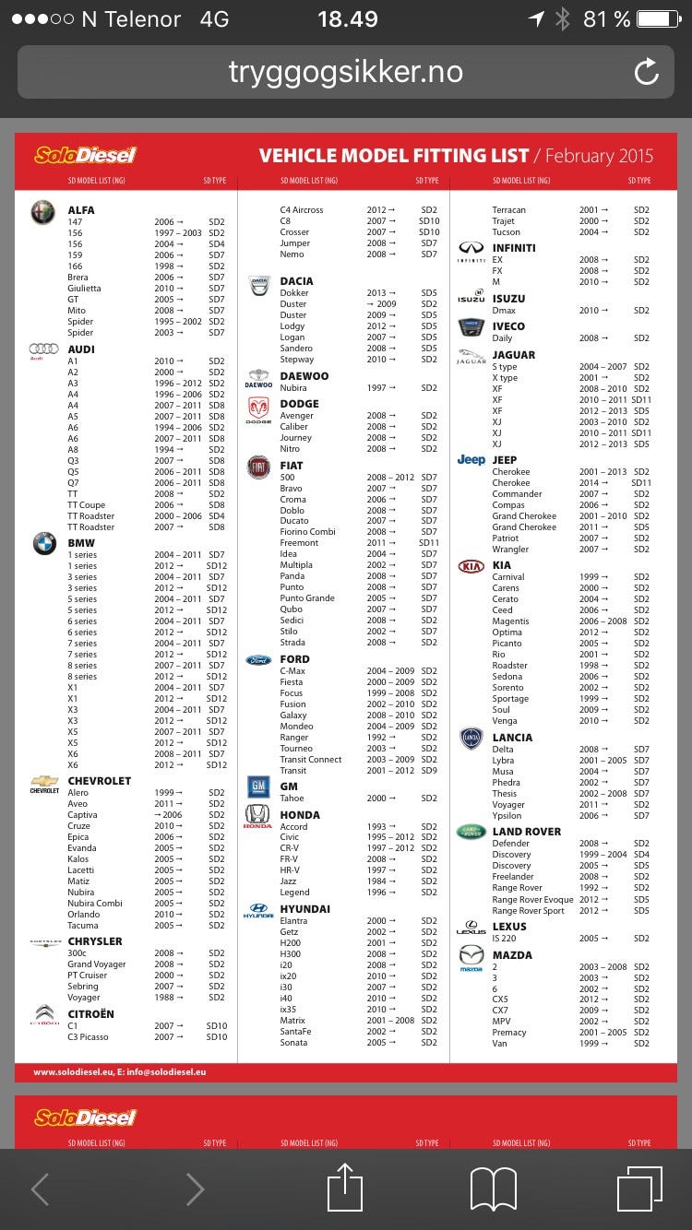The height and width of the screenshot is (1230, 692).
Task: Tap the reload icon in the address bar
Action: point(647,72)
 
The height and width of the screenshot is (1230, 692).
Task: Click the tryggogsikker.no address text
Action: point(346,72)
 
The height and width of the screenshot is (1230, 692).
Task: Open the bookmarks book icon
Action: point(494,1189)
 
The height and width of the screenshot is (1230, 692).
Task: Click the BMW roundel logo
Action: point(44,544)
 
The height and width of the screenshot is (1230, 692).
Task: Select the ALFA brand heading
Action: point(81,210)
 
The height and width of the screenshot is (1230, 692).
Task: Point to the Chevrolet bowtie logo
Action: point(44,783)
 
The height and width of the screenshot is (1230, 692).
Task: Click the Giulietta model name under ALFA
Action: point(84,289)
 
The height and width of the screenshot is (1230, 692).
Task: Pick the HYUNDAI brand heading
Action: point(306,909)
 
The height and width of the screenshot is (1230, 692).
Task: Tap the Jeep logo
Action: point(471,460)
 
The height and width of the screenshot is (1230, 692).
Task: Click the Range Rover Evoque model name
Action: point(532,900)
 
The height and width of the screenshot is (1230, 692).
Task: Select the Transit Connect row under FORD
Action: point(311,760)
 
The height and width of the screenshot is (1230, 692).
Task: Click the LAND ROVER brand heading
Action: point(527,832)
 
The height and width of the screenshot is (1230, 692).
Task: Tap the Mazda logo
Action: point(471,956)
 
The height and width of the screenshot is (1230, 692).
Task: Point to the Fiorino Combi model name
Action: point(307,532)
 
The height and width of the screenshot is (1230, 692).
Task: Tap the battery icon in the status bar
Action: point(658,18)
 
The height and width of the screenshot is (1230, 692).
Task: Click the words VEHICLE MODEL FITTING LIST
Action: point(394,156)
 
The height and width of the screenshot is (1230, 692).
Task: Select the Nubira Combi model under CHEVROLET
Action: point(95,904)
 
